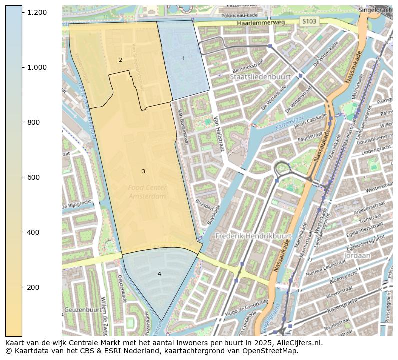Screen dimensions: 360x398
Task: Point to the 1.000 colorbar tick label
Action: (37, 67)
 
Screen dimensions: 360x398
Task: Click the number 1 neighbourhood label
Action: (183, 58)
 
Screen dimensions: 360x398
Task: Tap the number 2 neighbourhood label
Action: (120, 60)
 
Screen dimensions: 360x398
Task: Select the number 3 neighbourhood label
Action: (143, 171)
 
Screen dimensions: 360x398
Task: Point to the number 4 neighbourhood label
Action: (159, 274)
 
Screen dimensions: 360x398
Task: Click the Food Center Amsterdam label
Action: (147, 192)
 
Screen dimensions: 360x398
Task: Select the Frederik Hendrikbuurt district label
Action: (253, 235)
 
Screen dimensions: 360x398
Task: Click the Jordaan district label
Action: (357, 255)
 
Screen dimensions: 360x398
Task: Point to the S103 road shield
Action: (309, 21)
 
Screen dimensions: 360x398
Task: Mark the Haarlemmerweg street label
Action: (261, 23)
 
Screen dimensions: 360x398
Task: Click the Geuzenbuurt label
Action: (83, 310)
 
